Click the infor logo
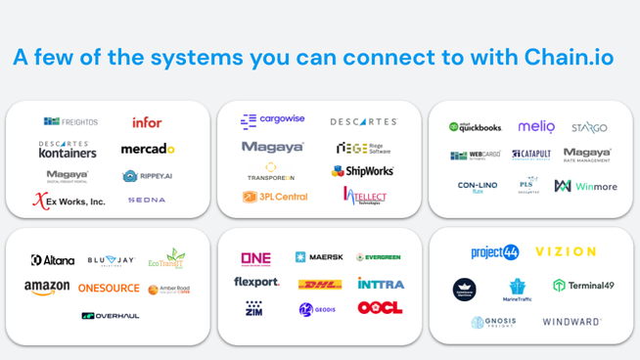coord(147,122)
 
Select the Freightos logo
coord(70,122)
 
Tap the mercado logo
coord(148,149)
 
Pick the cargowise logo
coord(273,120)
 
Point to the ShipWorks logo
coord(362,171)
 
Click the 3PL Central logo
coord(275,197)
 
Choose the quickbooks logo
coord(475,127)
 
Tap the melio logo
coord(536,127)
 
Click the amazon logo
coord(47,288)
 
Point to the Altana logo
coord(53,260)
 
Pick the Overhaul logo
coord(110,316)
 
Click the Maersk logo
coord(319,257)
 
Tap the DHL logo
coord(319,285)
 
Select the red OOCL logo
coord(380,308)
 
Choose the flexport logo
coord(256,283)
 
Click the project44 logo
coord(494,252)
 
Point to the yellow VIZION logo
coord(566,251)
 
